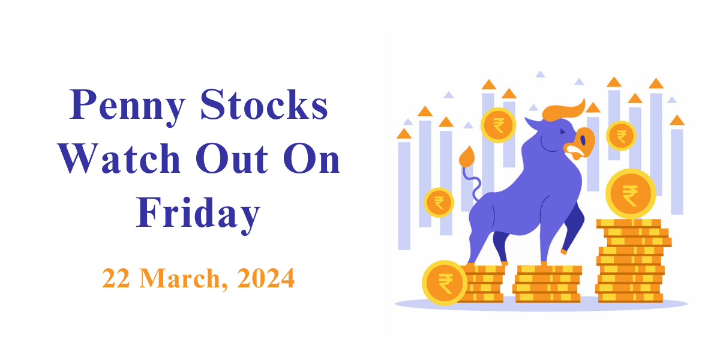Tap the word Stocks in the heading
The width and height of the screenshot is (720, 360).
tap(264, 104)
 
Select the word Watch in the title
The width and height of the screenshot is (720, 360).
tap(119, 158)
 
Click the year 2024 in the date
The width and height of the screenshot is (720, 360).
tap(265, 278)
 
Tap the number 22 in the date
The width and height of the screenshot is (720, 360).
tap(116, 278)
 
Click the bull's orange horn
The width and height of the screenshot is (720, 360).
tap(563, 111)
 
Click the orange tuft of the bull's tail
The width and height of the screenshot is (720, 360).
tap(467, 157)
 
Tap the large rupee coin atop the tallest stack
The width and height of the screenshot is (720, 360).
tap(631, 194)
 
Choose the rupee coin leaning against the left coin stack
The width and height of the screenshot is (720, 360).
tap(445, 283)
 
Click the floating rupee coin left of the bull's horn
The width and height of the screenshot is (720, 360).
tap(498, 125)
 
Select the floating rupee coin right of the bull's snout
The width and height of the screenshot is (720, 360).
tap(622, 136)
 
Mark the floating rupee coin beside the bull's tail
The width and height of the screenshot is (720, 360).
tap(439, 203)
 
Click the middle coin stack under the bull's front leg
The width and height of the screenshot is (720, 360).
tap(547, 284)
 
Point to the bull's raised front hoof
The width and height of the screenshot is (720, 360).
tap(563, 251)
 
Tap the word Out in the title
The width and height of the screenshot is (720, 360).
tap(232, 159)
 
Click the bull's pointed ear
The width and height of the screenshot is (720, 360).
tap(533, 124)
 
